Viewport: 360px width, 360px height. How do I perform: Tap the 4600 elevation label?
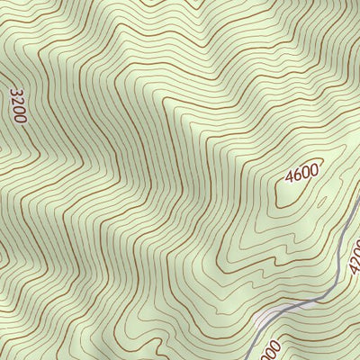pos(302,176)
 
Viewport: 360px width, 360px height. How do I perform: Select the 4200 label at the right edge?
pos(354,261)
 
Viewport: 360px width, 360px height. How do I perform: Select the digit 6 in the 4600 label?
pos(299,177)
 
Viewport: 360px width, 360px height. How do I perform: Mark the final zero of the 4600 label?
pos(315,172)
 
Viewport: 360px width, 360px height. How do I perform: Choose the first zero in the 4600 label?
pos(307,175)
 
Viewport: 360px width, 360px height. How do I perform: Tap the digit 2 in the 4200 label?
pos(355,265)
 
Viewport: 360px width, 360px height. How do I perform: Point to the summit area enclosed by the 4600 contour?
pos(297,191)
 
